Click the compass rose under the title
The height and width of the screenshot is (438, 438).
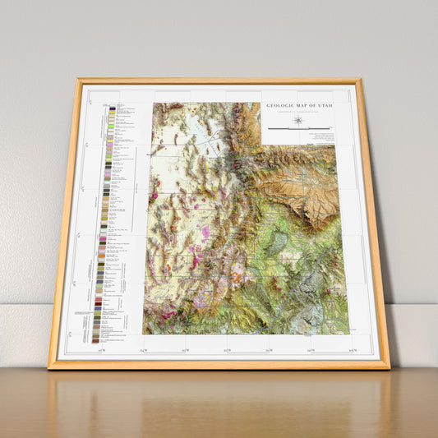click(x=298, y=120)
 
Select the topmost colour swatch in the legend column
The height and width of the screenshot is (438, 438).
click(x=111, y=107)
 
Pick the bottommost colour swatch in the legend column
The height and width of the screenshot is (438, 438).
click(x=96, y=339)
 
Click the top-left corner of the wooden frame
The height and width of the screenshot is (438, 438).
click(x=79, y=81)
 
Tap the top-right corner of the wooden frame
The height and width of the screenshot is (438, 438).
click(x=358, y=81)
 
